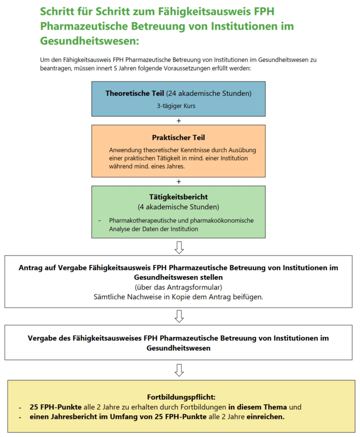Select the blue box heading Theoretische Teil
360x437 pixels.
tap(135, 93)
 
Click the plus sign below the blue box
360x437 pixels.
tap(179, 121)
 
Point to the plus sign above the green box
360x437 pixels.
tap(179, 181)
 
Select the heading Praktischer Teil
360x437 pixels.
tap(179, 137)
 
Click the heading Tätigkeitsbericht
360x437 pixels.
tap(179, 197)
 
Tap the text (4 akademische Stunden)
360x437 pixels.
tap(179, 207)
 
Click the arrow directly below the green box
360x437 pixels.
tap(179, 247)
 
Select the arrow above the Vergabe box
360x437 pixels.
tap(179, 316)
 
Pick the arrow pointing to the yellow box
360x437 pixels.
tap(179, 369)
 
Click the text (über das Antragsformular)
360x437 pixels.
tap(179, 287)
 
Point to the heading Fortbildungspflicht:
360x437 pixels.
tap(179, 396)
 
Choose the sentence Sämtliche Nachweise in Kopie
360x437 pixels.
tap(179, 297)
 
